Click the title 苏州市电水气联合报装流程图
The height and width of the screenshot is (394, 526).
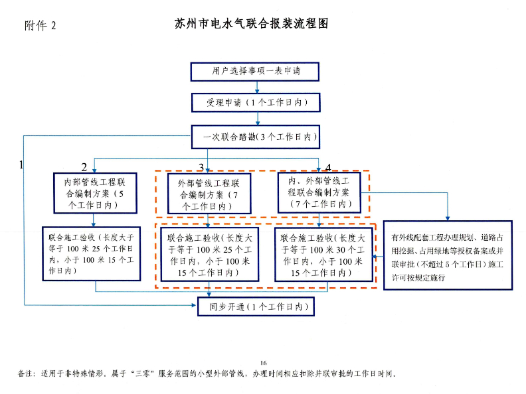coord(252,24)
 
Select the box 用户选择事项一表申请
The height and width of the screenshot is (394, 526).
coord(256,71)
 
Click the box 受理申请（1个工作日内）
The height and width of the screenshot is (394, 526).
coord(256,103)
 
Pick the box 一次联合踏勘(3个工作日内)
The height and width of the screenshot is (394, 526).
coord(256,138)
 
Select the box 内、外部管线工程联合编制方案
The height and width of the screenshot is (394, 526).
coord(319,192)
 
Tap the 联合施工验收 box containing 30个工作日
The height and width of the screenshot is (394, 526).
coord(323,254)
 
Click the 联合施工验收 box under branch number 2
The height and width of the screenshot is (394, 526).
coord(92,253)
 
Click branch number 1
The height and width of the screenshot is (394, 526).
coord(22,163)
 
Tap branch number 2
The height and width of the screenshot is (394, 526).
coord(84,166)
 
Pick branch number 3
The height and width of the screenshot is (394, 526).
coord(201,166)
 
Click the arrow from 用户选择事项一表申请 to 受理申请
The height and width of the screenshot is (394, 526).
coord(256,87)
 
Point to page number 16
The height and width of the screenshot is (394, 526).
coord(263,362)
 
